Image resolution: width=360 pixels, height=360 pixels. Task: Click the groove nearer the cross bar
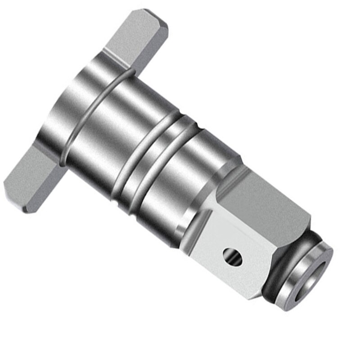coord(135,153)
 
